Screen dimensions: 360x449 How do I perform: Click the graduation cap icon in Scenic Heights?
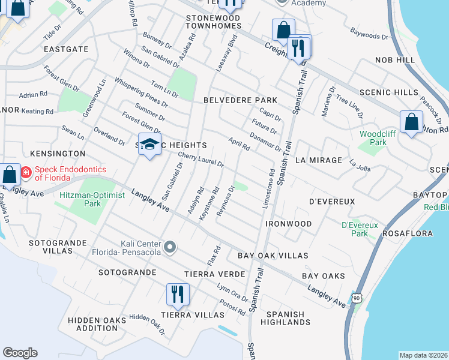tap(149, 145)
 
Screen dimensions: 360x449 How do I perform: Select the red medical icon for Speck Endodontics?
tap(26, 173)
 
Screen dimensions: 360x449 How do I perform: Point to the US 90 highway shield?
tap(357, 298)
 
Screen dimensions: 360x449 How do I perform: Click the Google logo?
tap(20, 353)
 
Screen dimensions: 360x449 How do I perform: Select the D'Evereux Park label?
tap(358, 229)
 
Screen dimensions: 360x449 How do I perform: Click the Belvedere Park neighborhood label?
tap(240, 100)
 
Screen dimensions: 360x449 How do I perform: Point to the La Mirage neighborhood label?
tap(319, 161)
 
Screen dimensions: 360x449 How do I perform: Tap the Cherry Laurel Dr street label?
tap(200, 160)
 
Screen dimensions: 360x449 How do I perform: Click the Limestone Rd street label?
tap(270, 188)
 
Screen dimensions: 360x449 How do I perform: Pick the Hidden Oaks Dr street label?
tap(147, 323)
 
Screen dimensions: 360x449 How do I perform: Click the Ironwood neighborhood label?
tap(289, 224)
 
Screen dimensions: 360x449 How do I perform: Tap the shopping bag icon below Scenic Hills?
tap(412, 122)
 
